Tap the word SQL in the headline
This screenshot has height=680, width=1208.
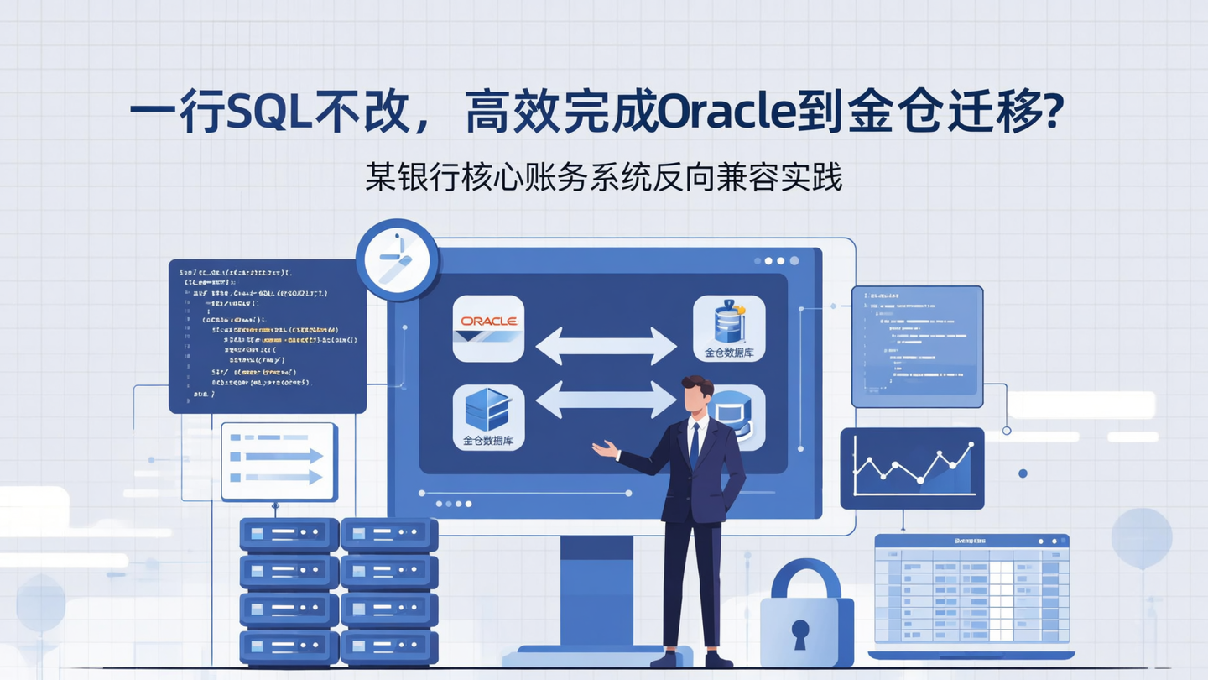269,113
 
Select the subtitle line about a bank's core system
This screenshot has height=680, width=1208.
603,177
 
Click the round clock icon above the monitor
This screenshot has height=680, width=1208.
398,259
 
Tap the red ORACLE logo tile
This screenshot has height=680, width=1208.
488,328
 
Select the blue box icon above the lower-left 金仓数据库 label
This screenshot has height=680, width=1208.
487,409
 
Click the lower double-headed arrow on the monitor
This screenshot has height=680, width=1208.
606,400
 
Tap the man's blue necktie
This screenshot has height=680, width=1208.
695,445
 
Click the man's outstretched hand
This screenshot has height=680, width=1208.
602,449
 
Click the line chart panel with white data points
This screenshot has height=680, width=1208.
912,468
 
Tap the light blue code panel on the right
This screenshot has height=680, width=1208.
917,346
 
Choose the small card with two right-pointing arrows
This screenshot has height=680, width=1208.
279,462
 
